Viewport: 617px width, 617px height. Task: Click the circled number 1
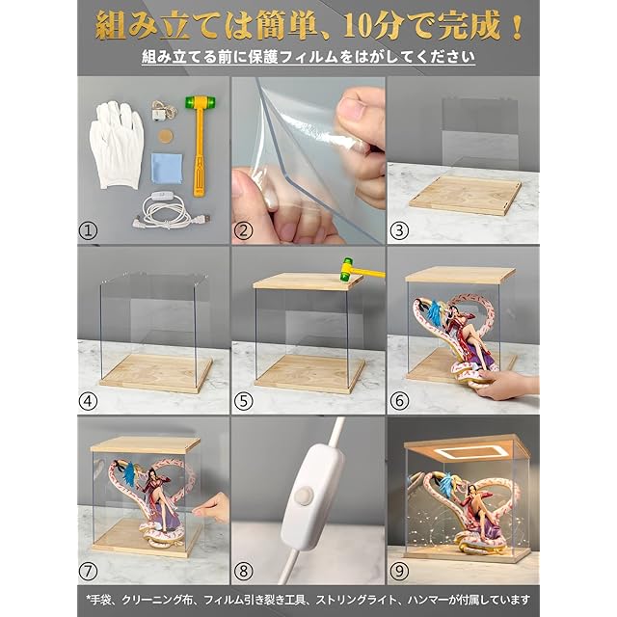tap(88, 230)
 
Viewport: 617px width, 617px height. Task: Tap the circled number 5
tap(243, 401)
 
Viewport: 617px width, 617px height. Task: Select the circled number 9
tap(399, 571)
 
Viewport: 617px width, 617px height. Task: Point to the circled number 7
tap(88, 571)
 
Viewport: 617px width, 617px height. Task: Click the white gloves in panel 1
tap(117, 145)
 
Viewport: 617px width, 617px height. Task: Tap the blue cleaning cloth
tap(167, 168)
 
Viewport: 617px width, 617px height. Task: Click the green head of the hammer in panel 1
tap(201, 103)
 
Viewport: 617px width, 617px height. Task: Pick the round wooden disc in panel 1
tap(166, 137)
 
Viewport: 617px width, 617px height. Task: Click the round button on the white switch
tap(302, 496)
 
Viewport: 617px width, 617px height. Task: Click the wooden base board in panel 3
tap(465, 196)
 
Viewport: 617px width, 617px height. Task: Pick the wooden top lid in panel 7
tap(146, 444)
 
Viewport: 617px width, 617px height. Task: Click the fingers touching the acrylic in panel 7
tap(210, 508)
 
